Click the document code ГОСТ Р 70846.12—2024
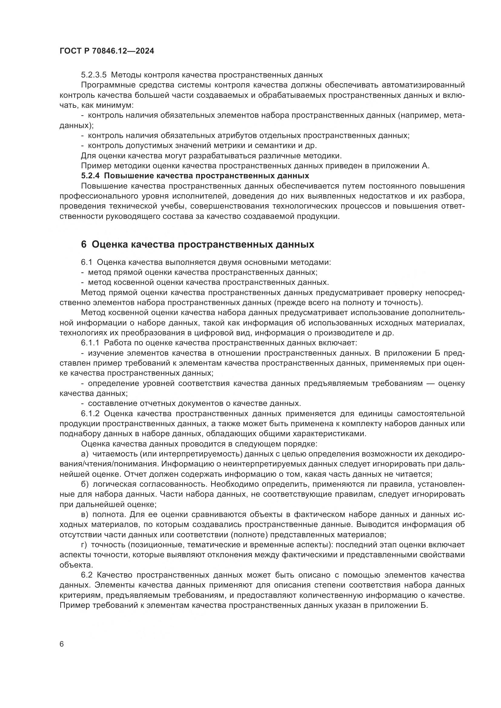107,51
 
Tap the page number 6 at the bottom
62,644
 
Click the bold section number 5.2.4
90,176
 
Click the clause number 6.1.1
90,343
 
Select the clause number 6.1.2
90,413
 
